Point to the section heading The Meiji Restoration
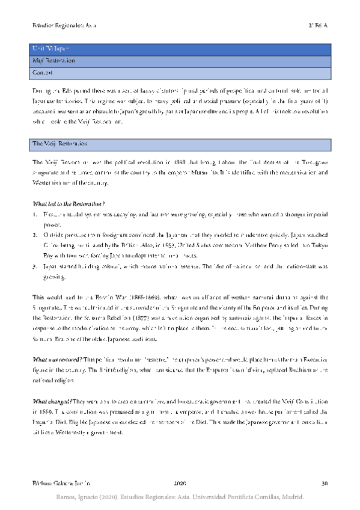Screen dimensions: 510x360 click(x=59, y=144)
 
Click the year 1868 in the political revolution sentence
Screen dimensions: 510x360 click(x=180, y=162)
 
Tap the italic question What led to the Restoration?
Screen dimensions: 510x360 click(x=69, y=203)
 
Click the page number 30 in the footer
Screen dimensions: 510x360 click(x=325, y=484)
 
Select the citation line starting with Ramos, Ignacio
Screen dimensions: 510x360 click(x=180, y=498)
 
